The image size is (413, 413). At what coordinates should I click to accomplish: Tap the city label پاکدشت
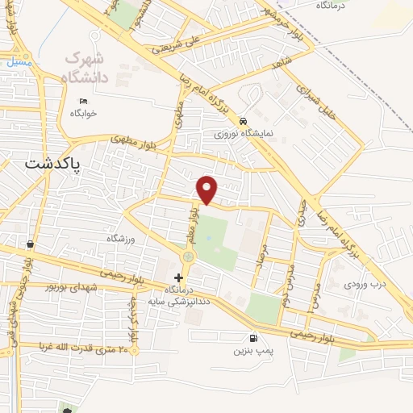tap(55, 161)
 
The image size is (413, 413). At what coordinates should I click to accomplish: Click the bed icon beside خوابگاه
tap(83, 101)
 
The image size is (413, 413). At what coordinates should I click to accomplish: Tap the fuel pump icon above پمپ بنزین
tap(255, 338)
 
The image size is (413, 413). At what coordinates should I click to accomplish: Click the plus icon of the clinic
tap(179, 300)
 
